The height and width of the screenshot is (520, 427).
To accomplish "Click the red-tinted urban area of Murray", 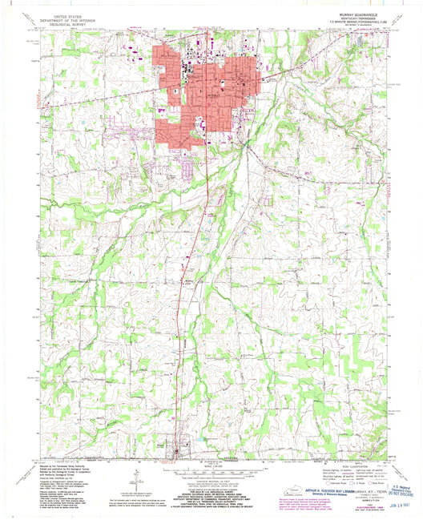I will point(210,88).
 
